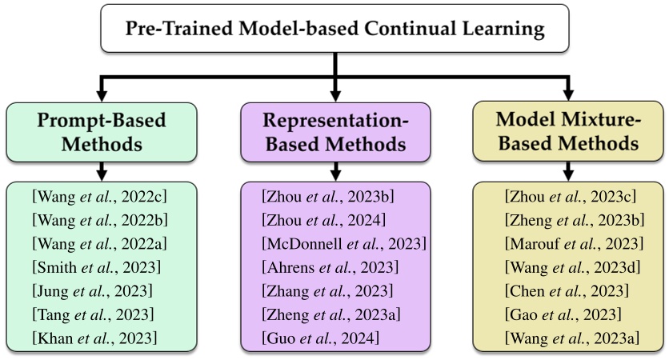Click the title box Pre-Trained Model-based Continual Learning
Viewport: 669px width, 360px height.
coord(334,30)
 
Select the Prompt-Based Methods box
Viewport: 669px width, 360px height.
coord(101,132)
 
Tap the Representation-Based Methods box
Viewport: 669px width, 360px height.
coord(335,132)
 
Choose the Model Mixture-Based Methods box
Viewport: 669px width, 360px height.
coord(567,132)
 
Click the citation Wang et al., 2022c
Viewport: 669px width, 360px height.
coord(100,196)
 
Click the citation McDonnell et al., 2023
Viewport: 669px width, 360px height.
coord(343,243)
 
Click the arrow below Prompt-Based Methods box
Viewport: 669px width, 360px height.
coord(101,171)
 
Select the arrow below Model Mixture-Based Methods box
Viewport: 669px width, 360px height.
coord(567,171)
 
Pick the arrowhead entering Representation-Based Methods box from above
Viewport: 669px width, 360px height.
coord(335,94)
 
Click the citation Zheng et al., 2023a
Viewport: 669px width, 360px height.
coord(332,314)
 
